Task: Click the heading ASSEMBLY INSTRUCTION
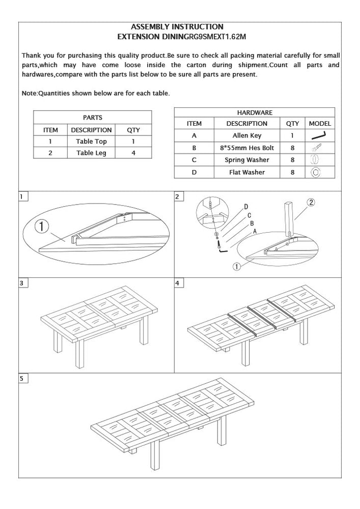[177, 26]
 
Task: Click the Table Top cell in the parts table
[92, 142]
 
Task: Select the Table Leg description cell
[92, 153]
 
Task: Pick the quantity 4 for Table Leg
[133, 153]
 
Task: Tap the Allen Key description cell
[247, 135]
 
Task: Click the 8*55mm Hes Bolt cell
[247, 148]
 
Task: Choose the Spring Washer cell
[247, 160]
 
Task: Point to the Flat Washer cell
[247, 172]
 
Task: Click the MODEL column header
[320, 123]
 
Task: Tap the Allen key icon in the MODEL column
[319, 135]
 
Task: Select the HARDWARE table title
[255, 112]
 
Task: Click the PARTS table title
[92, 118]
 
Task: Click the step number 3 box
[22, 283]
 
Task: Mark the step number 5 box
[22, 379]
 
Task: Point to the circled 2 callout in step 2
[311, 202]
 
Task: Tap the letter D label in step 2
[246, 207]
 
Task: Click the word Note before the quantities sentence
[30, 93]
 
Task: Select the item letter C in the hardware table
[194, 160]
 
